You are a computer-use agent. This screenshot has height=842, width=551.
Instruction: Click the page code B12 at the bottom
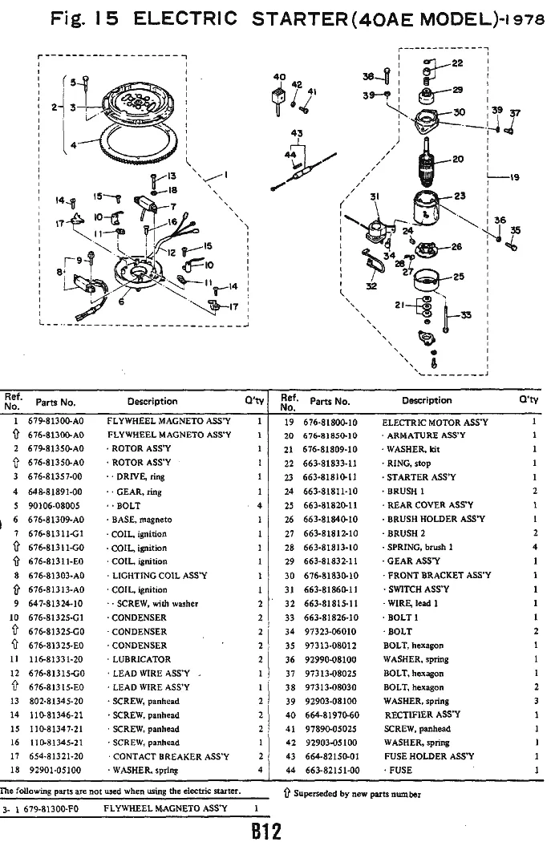click(265, 830)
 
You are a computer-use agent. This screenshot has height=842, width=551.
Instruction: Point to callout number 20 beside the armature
click(458, 159)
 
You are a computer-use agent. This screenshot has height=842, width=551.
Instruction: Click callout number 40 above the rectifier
click(278, 78)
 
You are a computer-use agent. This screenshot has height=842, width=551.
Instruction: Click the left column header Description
click(152, 401)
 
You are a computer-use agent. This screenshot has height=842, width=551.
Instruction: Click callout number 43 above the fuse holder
click(297, 132)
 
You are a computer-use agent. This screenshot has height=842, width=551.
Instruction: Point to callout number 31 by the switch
click(373, 197)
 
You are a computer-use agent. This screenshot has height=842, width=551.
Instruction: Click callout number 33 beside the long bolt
click(466, 314)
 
